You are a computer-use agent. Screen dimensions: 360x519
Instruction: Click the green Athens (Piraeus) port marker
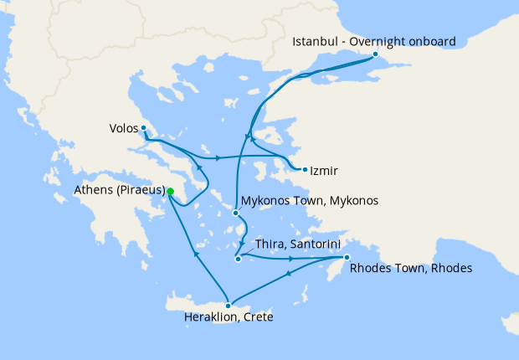click(x=170, y=192)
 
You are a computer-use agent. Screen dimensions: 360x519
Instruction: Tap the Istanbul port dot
click(x=375, y=54)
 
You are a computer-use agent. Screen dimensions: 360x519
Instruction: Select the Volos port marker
click(x=144, y=128)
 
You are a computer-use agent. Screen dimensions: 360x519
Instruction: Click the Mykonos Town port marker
click(x=235, y=213)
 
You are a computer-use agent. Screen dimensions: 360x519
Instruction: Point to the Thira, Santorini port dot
click(x=238, y=259)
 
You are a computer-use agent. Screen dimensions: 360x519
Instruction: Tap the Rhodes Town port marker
click(x=347, y=258)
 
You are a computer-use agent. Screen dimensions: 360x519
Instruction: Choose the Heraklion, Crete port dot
click(x=228, y=306)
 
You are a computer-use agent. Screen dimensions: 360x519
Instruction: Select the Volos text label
click(x=123, y=129)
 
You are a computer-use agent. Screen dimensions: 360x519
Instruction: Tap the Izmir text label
click(x=323, y=171)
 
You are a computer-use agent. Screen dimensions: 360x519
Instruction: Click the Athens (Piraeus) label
click(x=117, y=192)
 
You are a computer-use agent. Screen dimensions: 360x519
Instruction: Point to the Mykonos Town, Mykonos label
click(x=310, y=202)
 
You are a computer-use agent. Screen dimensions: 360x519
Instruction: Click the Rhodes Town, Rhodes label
click(x=411, y=270)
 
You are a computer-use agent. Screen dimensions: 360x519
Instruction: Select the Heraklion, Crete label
click(x=228, y=318)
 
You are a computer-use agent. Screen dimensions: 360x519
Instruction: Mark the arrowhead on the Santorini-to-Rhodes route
click(x=291, y=259)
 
